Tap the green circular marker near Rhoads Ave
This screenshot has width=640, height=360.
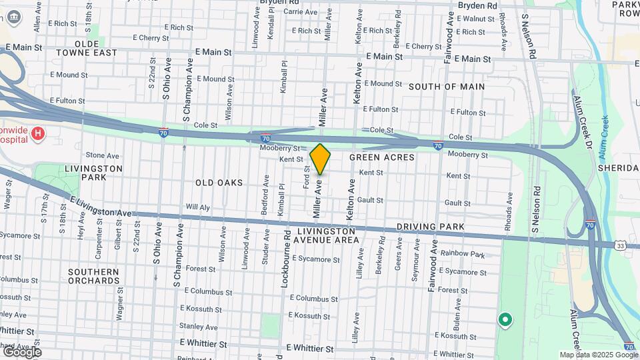pos(505,321)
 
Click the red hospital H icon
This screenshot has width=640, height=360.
pos(39,133)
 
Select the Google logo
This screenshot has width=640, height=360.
pos(21,351)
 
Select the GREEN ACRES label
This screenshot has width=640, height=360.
pos(382,158)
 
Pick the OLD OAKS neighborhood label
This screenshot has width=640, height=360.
pos(219,182)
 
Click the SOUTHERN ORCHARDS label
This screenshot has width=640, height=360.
pos(93,276)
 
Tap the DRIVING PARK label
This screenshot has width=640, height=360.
pos(430,227)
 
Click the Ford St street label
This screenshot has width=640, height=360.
pos(307,177)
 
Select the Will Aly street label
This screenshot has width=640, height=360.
pos(198,207)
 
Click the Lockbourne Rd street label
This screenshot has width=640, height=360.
pos(285,261)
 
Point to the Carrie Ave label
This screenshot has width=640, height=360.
pos(301,12)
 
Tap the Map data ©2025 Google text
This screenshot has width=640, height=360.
pos(598,355)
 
